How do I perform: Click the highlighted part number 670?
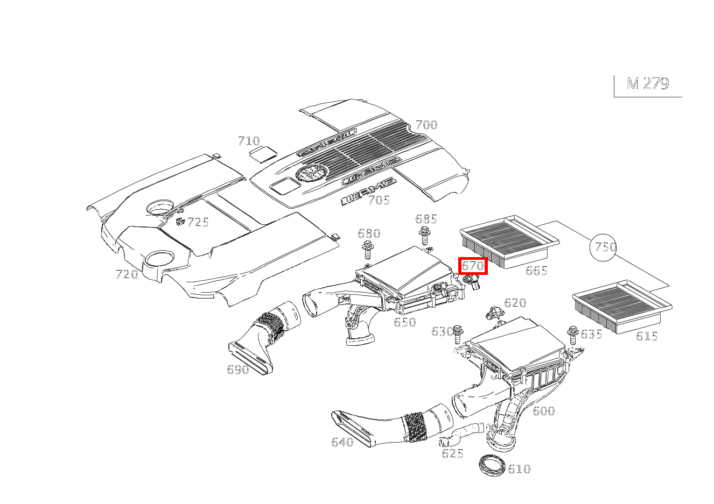pos(473,266)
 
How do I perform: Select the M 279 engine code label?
pos(648,84)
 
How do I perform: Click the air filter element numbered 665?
pos(509,242)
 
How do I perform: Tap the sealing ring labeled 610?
pos(492,465)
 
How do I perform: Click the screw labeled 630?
pos(458,333)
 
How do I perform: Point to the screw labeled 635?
pos(572,335)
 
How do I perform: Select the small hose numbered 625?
pos(460,435)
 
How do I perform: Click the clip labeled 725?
pos(179,221)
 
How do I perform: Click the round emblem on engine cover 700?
pos(311,173)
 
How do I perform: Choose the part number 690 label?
pos(237,370)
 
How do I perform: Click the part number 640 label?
pos(342,443)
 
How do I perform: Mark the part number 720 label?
pos(127,275)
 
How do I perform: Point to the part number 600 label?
pos(543,411)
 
